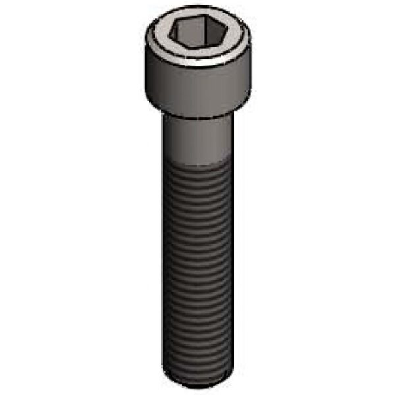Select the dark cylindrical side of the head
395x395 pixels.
click(197, 89)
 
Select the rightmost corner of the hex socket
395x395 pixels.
click(221, 34)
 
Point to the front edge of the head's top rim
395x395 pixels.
click(197, 64)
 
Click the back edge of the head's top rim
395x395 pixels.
click(197, 13)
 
